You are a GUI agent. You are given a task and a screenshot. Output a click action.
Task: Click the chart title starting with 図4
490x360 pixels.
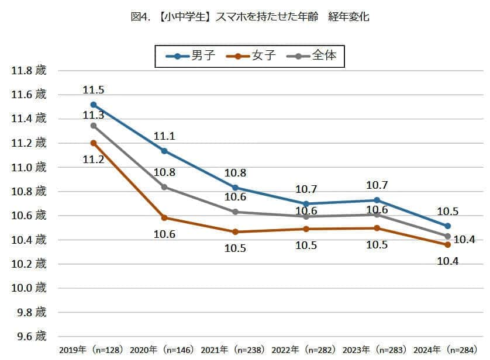(x=250, y=17)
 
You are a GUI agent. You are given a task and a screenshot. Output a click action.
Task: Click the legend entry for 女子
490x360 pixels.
(x=252, y=56)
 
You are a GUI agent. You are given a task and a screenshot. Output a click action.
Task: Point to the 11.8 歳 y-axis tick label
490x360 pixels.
(x=29, y=71)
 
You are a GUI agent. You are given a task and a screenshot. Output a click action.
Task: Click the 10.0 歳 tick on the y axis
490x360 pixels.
(x=29, y=288)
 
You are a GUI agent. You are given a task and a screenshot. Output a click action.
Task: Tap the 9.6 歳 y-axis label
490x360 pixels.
(x=29, y=336)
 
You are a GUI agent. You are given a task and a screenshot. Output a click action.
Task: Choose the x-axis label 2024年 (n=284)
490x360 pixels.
(x=446, y=350)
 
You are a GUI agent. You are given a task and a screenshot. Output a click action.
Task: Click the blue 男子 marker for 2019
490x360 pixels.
(x=94, y=105)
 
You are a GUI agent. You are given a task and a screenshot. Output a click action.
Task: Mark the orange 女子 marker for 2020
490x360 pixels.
(x=164, y=218)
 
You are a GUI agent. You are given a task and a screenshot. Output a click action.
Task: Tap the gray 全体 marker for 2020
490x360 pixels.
(x=164, y=187)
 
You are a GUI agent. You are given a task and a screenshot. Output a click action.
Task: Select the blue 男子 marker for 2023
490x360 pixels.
(x=377, y=200)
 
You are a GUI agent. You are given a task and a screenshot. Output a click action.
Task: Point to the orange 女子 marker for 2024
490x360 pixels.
(x=447, y=245)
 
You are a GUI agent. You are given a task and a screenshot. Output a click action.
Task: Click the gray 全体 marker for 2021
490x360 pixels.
(x=235, y=212)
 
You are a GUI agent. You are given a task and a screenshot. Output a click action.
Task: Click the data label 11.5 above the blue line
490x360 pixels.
(x=94, y=90)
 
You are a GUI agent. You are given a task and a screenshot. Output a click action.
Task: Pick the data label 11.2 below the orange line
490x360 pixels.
(x=94, y=159)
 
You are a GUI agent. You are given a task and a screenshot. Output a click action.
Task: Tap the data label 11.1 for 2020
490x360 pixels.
(x=164, y=136)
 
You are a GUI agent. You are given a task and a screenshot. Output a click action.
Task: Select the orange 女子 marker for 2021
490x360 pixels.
(x=235, y=232)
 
